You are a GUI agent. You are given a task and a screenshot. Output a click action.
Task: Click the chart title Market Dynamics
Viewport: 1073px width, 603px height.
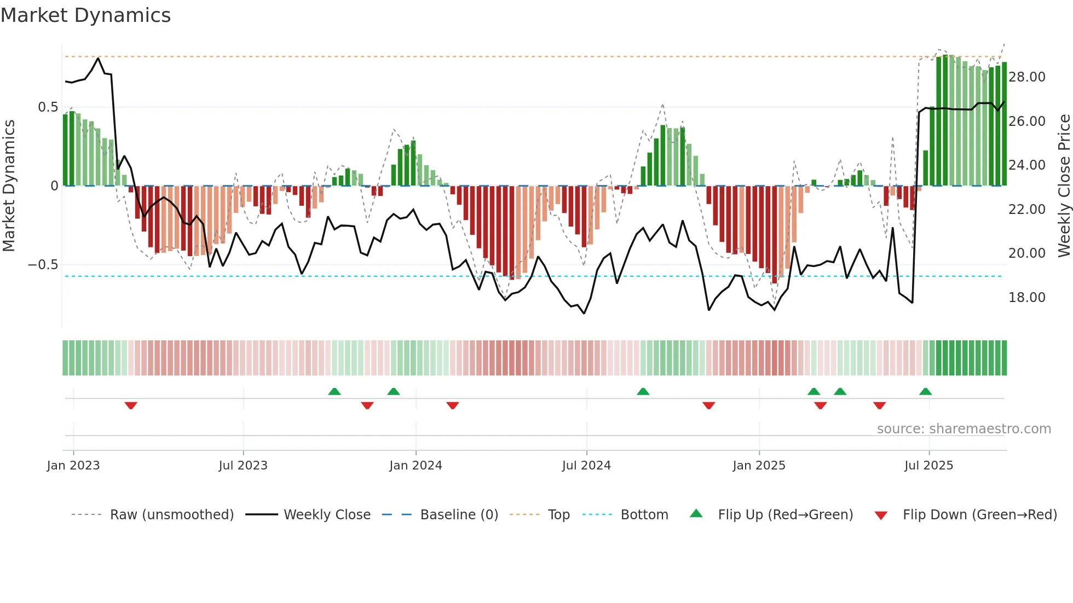85,15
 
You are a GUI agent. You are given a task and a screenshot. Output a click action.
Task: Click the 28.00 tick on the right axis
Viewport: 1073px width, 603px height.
1026,77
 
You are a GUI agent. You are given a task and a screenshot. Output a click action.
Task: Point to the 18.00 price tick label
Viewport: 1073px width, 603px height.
1026,298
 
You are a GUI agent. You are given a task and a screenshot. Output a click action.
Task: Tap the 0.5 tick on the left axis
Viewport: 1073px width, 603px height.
48,107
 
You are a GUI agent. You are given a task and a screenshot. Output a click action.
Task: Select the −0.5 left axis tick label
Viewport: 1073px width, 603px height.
43,265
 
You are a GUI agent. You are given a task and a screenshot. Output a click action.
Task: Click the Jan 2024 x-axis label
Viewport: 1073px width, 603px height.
416,466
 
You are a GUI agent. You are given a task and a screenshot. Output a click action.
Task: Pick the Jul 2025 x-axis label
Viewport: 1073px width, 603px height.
928,466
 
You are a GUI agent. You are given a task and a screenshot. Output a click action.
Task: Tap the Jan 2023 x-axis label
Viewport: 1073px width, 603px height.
73,466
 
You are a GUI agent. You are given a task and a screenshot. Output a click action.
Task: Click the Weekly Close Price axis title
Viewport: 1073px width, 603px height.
1064,186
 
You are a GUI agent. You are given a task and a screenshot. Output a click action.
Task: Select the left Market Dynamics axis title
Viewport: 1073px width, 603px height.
9,186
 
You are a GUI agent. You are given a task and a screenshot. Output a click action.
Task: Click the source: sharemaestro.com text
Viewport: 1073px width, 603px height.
964,429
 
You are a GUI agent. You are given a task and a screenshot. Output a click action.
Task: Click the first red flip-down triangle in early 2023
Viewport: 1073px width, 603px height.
131,405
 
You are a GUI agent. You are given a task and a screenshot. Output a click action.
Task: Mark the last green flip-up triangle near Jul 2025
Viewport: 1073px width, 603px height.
925,391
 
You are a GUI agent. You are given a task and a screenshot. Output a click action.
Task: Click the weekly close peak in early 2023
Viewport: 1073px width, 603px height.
98,58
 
